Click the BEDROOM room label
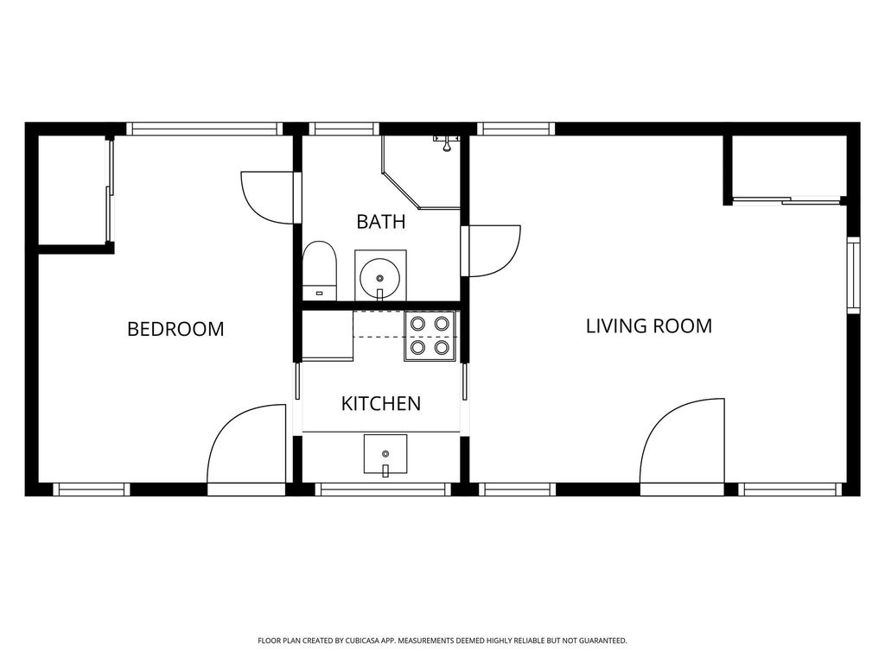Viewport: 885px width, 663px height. point(175,329)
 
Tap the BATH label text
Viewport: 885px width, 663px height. point(381,222)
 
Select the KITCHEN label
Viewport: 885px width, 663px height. point(381,404)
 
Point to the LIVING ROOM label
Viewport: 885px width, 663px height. point(649,325)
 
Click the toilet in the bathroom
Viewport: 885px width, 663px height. point(320,271)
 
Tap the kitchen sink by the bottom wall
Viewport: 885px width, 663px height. point(385,454)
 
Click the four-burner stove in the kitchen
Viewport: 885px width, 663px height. point(430,336)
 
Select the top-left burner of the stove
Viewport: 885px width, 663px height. point(417,324)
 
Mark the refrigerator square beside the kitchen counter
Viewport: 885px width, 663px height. point(328,336)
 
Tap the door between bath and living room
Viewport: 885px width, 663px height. point(491,251)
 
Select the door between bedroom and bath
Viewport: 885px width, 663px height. point(271,198)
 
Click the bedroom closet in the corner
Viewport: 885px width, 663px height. point(74,191)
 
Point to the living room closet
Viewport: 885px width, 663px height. point(788,168)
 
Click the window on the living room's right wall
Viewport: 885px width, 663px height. point(853,275)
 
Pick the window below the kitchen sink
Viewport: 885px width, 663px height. point(383,489)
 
